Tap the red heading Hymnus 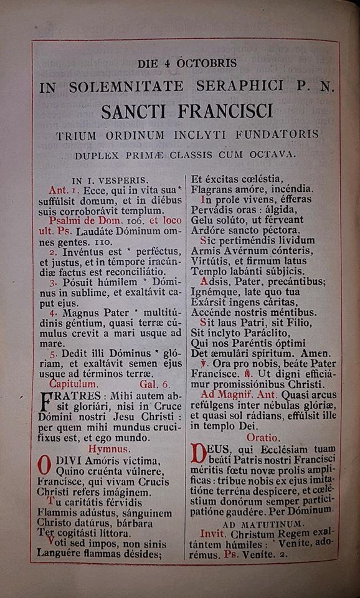[x=109, y=448]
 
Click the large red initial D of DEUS [x=197, y=453]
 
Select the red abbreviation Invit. [x=212, y=534]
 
